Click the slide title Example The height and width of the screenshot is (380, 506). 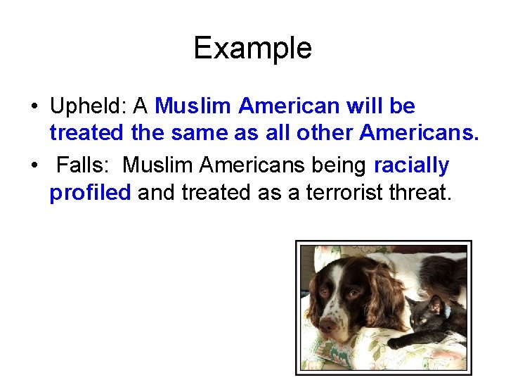252,49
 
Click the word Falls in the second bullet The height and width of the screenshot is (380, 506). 82,165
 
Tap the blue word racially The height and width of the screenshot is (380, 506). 412,165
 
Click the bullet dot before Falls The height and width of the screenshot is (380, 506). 34,166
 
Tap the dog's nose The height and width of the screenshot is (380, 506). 327,325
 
